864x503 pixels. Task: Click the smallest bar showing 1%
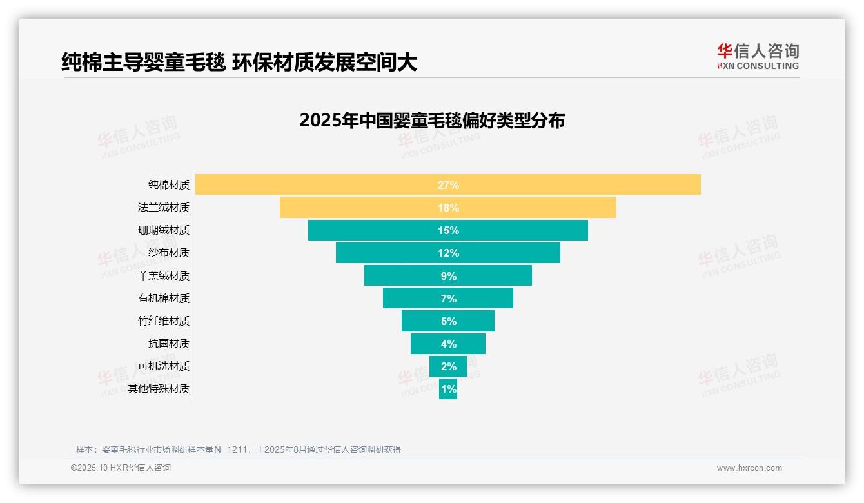point(448,389)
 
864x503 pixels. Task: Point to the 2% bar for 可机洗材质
point(448,366)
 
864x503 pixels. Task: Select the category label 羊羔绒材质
point(164,276)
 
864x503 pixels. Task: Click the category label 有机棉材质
point(164,299)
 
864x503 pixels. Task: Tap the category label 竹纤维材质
point(164,321)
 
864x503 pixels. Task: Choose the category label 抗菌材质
point(169,344)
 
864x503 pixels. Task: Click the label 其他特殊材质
point(159,389)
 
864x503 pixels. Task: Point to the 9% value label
point(448,276)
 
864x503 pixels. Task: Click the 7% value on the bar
point(448,299)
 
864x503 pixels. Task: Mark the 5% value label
point(448,321)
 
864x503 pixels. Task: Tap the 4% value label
point(448,344)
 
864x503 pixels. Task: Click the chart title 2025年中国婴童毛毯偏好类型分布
point(432,121)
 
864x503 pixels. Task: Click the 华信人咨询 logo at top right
point(758,56)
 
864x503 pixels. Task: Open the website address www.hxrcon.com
point(749,468)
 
